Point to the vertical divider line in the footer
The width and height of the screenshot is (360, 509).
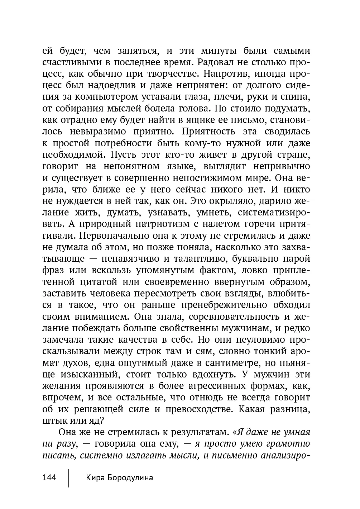tap(68, 477)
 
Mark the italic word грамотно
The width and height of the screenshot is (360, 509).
tap(288, 444)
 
